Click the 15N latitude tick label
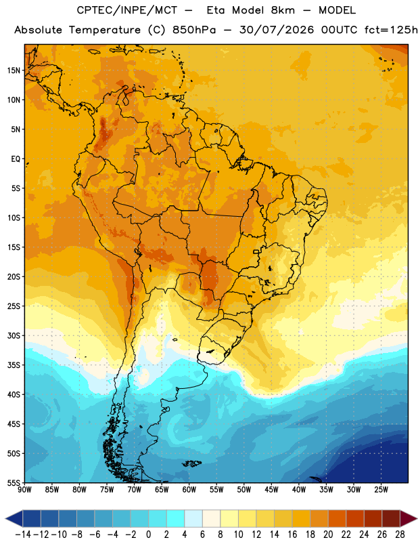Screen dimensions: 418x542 (14, 70)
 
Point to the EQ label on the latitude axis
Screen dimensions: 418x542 (16, 159)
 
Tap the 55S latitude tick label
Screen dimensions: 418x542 (14, 482)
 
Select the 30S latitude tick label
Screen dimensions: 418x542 (14, 335)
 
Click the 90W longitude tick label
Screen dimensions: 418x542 (24, 489)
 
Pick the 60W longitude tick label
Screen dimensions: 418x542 (189, 489)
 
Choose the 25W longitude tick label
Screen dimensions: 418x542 (381, 489)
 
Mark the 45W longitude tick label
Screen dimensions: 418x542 (271, 489)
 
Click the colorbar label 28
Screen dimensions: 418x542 (400, 535)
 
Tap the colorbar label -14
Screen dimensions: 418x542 (23, 535)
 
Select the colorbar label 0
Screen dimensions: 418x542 (148, 535)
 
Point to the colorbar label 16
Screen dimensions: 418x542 (292, 535)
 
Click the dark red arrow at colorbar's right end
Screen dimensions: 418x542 (407, 518)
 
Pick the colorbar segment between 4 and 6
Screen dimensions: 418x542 (193, 518)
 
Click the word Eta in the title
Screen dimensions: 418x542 (215, 10)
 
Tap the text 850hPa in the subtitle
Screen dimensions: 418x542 (194, 30)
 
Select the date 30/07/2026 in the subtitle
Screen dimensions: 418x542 (277, 30)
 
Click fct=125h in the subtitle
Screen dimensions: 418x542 (391, 30)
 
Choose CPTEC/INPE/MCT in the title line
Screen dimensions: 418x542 (127, 10)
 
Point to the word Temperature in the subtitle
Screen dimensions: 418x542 (105, 30)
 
